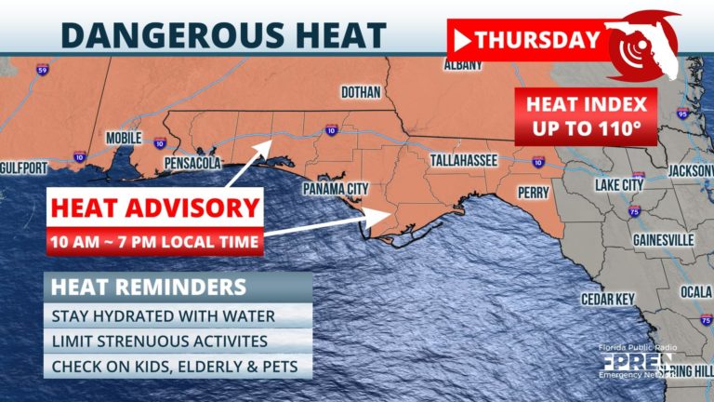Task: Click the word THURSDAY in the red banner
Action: tap(537, 39)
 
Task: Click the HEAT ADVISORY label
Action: tap(154, 207)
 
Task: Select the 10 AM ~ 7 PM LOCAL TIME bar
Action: tap(154, 243)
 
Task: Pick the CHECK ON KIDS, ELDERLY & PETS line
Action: tap(175, 367)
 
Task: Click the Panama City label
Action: tap(336, 189)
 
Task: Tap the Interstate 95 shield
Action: tap(682, 114)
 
